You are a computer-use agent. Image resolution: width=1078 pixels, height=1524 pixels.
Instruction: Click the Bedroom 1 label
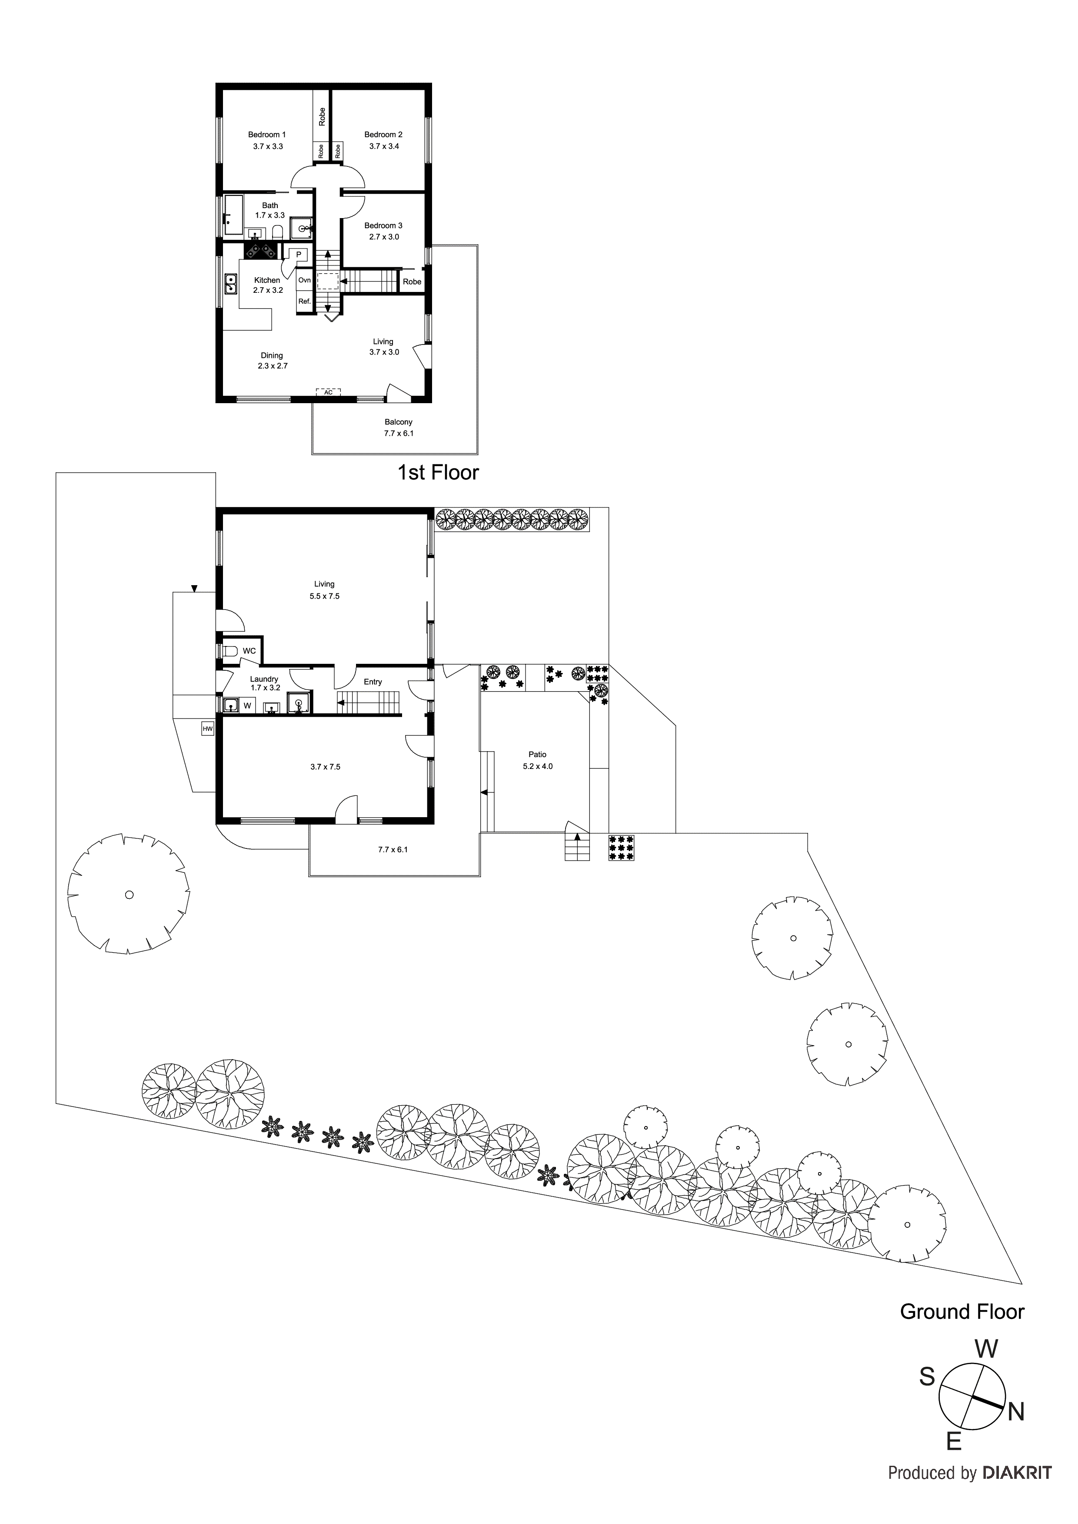tap(267, 135)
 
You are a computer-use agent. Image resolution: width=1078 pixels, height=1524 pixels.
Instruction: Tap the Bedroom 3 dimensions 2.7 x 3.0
tap(384, 237)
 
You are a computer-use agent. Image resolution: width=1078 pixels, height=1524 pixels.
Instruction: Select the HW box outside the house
tap(207, 729)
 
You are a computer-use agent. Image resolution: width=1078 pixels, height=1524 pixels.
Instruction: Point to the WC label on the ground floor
tap(249, 651)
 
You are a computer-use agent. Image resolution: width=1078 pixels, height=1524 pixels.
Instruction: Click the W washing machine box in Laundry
tap(247, 706)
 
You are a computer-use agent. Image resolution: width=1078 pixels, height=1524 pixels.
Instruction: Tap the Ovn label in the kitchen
tap(304, 280)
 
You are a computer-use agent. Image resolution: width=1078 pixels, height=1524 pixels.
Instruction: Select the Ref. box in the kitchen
tap(304, 301)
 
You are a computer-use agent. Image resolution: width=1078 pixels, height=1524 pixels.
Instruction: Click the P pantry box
tap(299, 254)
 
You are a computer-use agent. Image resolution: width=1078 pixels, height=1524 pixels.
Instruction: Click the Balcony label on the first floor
tap(399, 422)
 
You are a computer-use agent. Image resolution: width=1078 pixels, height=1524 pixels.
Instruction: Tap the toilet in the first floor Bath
tap(278, 232)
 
